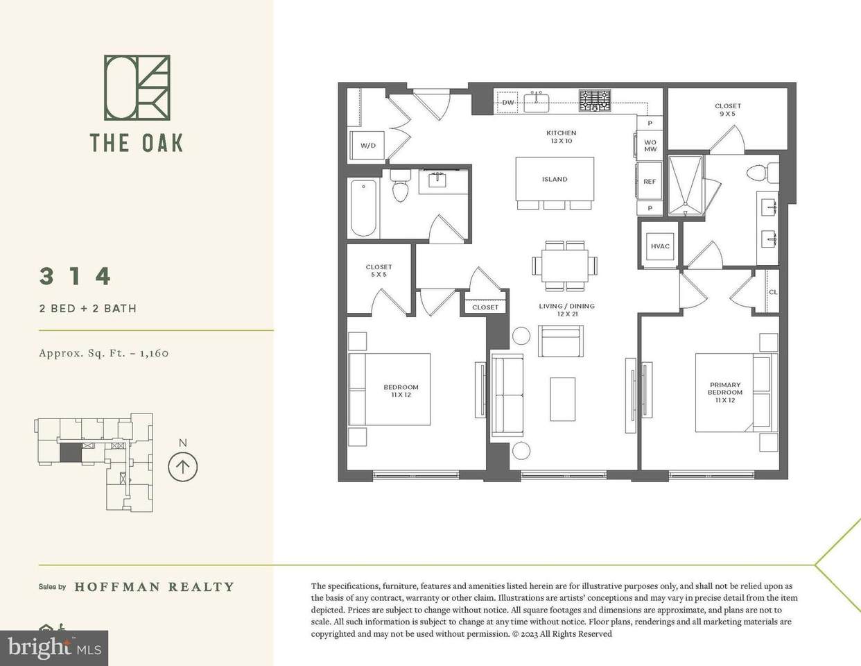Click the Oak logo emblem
click(137, 87)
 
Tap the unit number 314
click(76, 276)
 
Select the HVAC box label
click(660, 246)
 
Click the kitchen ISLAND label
click(555, 179)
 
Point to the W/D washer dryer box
click(367, 146)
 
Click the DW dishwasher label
click(507, 102)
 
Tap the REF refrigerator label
click(650, 182)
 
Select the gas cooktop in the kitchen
click(595, 101)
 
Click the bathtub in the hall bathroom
click(363, 208)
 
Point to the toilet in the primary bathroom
click(763, 173)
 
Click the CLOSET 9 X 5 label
click(728, 110)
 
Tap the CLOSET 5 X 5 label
click(379, 271)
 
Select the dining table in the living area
click(565, 265)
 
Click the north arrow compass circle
click(182, 467)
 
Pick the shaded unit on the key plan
click(71, 452)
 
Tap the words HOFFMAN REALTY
click(155, 587)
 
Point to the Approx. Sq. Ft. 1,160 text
click(104, 353)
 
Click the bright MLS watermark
click(54, 648)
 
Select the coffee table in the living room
click(563, 399)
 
